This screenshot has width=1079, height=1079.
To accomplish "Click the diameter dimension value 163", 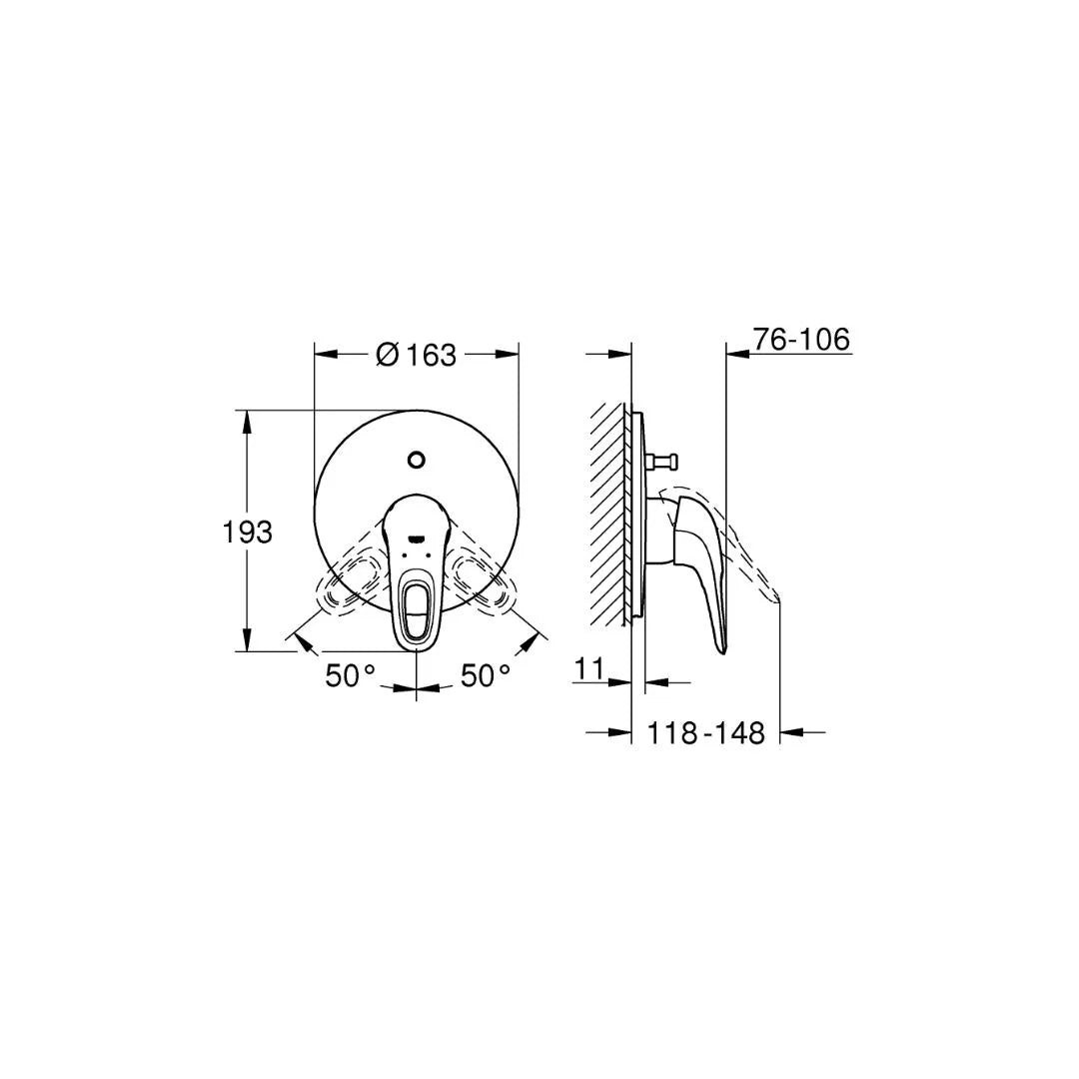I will click(431, 355).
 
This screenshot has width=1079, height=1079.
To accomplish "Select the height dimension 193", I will click(247, 533).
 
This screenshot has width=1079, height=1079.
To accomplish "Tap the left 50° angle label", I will click(350, 676).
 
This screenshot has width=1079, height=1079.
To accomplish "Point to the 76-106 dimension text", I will click(801, 340).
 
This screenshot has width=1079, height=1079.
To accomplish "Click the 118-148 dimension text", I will click(706, 733).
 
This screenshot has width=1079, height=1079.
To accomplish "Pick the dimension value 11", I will click(590, 668).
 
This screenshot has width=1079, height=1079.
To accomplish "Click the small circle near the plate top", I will click(417, 461).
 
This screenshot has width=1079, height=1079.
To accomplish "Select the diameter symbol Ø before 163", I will click(388, 355).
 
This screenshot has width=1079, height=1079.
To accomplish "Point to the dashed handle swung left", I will click(349, 583).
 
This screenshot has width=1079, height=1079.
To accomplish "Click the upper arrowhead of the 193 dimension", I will click(248, 418).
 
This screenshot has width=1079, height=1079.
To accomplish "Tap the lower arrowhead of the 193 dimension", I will click(248, 643).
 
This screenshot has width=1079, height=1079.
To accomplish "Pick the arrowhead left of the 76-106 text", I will click(735, 353).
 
